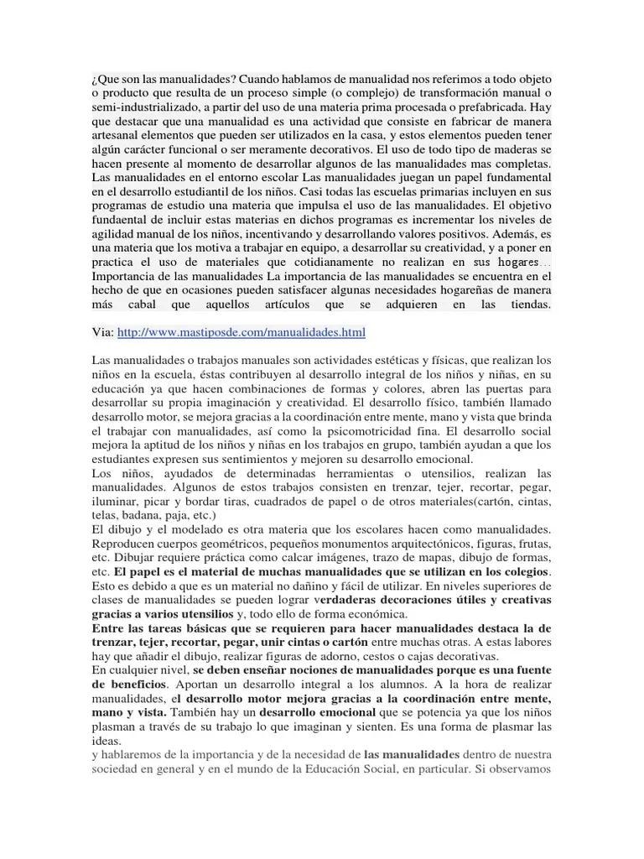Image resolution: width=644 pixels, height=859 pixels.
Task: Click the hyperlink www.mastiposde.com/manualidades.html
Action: click(241, 333)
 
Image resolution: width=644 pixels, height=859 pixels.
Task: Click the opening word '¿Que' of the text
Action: click(105, 79)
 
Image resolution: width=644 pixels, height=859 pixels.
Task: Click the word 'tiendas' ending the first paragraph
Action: click(529, 304)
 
